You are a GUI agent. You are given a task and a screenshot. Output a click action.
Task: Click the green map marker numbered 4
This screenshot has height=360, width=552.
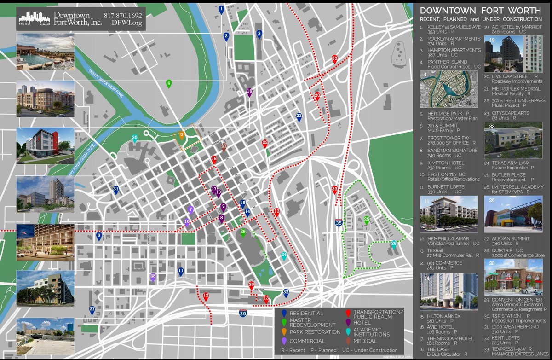tap(169, 84)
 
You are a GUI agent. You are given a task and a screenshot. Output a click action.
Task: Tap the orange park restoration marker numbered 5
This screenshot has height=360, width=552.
tap(182, 135)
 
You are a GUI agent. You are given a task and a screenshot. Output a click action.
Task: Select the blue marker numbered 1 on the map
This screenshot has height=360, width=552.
tap(222, 9)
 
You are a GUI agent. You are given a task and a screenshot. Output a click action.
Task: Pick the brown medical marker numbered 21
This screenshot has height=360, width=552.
tap(224, 147)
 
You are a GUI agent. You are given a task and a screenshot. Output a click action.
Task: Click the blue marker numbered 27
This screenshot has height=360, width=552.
tap(92, 310)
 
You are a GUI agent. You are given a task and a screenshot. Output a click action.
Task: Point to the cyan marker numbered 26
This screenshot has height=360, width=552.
tap(393, 244)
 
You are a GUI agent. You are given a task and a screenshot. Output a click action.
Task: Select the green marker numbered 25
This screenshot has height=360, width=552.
tap(367, 220)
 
